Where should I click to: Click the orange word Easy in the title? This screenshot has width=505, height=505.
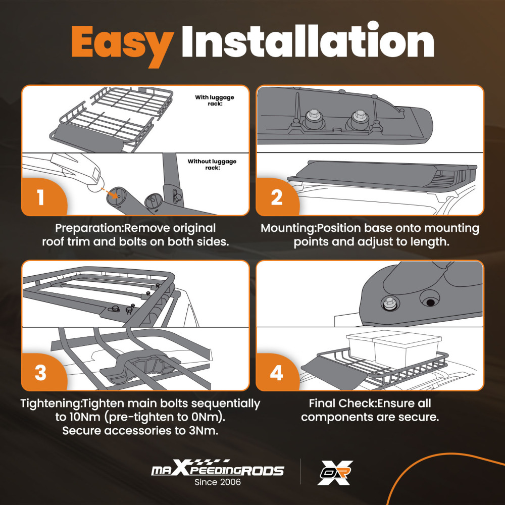(123, 45)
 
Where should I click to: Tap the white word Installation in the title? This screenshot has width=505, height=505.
(308, 40)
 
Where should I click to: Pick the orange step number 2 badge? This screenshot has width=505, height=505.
(277, 196)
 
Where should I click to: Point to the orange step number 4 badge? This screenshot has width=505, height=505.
(277, 372)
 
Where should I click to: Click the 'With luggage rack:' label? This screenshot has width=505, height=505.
(215, 100)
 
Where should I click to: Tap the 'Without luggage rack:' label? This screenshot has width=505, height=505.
(212, 164)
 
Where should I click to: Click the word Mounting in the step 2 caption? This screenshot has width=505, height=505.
(287, 228)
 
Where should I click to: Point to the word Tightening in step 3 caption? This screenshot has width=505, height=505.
(50, 403)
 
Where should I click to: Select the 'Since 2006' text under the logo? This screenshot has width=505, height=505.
(218, 482)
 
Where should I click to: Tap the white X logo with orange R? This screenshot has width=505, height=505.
(335, 473)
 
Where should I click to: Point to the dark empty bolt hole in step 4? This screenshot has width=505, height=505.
(430, 302)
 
